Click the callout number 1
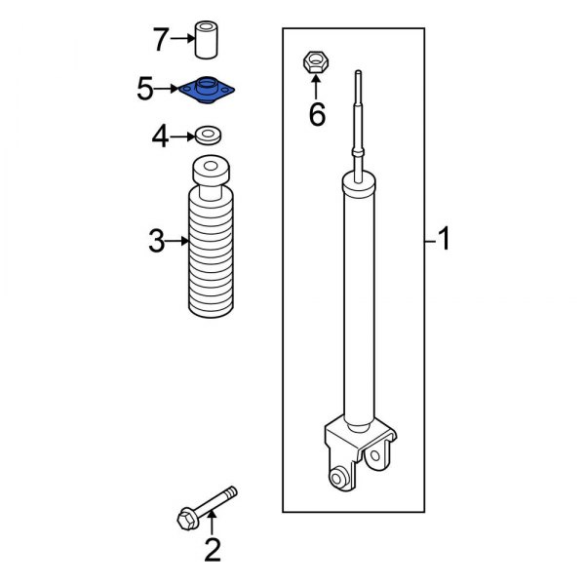point(444,238)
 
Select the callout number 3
point(156,241)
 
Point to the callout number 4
point(160,137)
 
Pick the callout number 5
point(145,91)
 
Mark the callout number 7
point(161,41)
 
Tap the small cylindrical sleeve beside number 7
point(207,40)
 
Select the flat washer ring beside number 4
point(207,135)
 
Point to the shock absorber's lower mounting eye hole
point(338,476)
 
